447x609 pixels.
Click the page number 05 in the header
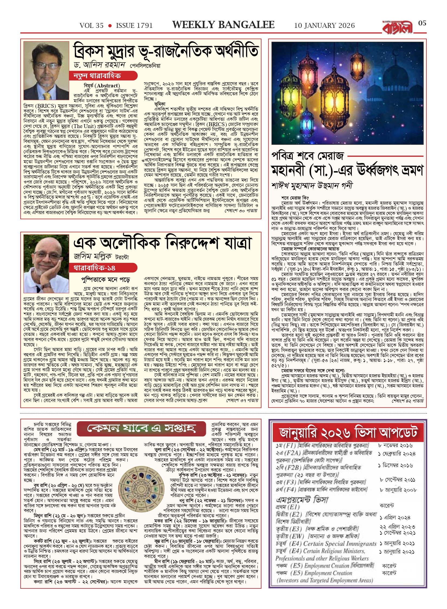[422, 23]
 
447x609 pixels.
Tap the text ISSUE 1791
[134, 26]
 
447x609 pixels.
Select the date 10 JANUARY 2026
[324, 26]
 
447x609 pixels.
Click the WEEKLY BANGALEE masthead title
[223, 25]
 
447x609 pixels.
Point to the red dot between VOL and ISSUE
[110, 26]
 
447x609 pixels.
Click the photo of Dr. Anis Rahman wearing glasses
[46, 71]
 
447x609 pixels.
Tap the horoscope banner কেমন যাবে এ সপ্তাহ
[141, 428]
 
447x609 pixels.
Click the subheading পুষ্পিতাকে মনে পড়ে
[106, 279]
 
